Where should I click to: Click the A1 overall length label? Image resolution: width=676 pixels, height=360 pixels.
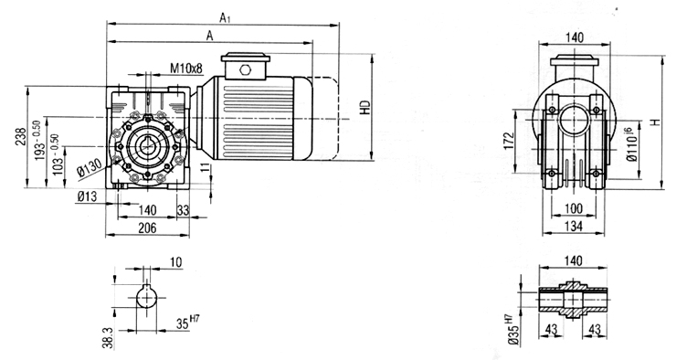click(224, 17)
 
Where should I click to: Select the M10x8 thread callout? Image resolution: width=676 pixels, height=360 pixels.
click(185, 69)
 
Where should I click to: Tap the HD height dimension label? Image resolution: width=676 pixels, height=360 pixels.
click(366, 107)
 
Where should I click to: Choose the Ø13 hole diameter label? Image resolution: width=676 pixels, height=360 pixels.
click(87, 196)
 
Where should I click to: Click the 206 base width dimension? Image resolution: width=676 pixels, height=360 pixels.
click(147, 228)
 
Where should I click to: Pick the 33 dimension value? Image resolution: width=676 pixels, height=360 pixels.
click(184, 210)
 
